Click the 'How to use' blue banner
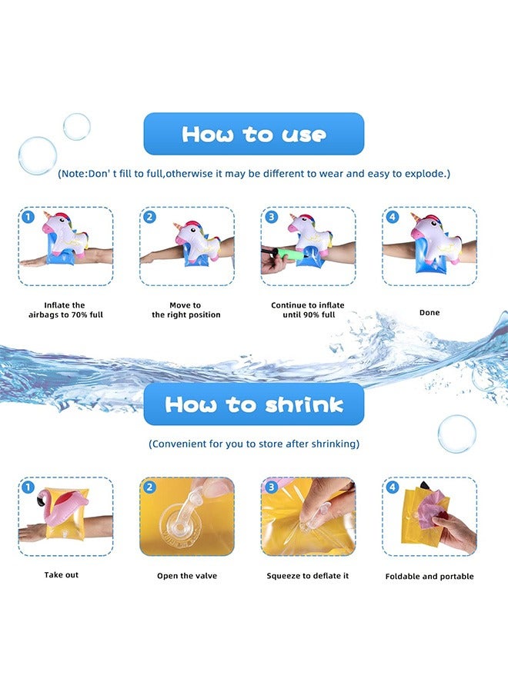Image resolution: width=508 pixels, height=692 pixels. pos(253,135)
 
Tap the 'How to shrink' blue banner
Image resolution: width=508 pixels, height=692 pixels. pos(253,404)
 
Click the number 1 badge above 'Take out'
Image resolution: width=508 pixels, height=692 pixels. pos(28,487)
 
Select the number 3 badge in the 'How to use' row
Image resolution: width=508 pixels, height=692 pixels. pos(271,217)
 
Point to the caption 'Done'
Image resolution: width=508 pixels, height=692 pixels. pos(429,313)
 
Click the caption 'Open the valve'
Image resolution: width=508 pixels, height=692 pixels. pos(187,575)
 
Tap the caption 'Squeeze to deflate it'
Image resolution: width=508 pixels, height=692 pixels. pos(308,576)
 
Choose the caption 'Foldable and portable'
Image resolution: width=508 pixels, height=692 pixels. pos(429,576)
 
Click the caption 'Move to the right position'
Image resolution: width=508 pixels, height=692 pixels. pos(186,310)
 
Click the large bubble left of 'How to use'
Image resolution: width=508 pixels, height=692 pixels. pos(37,156)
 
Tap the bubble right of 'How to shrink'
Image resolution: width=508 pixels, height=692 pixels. pos(456,434)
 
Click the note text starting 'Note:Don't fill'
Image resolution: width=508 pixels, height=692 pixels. pos(254,174)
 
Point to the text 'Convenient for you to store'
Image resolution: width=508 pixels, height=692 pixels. pos(254,444)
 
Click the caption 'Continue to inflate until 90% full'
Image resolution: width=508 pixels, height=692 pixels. pos(308,310)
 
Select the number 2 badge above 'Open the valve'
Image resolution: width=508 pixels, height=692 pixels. pos(150,487)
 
